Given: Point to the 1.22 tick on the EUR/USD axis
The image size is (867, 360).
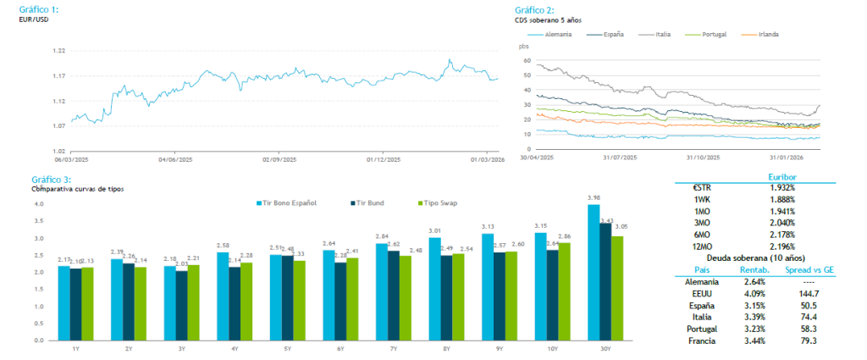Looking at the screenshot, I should [58, 51].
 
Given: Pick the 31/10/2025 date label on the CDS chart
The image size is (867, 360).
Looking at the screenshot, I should [702, 158].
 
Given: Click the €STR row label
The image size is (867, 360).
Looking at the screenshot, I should [705, 186].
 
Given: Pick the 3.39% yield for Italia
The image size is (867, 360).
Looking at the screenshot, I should [754, 317].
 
